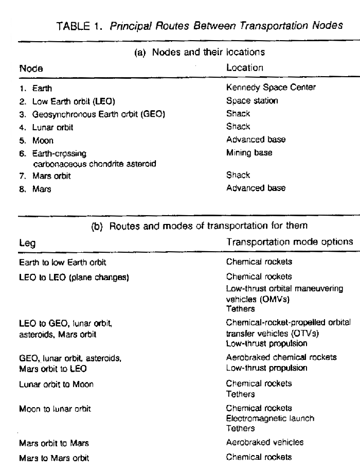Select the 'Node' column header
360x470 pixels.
[x=31, y=68]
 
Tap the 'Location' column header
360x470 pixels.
[x=244, y=67]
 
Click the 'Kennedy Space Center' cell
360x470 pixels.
[x=271, y=88]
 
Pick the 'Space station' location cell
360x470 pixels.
[x=251, y=100]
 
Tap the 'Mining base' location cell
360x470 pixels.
[x=249, y=152]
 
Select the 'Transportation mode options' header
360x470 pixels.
[x=289, y=241]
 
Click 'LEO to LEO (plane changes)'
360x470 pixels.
[x=74, y=277]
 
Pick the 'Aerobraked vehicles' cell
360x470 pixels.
[x=264, y=442]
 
